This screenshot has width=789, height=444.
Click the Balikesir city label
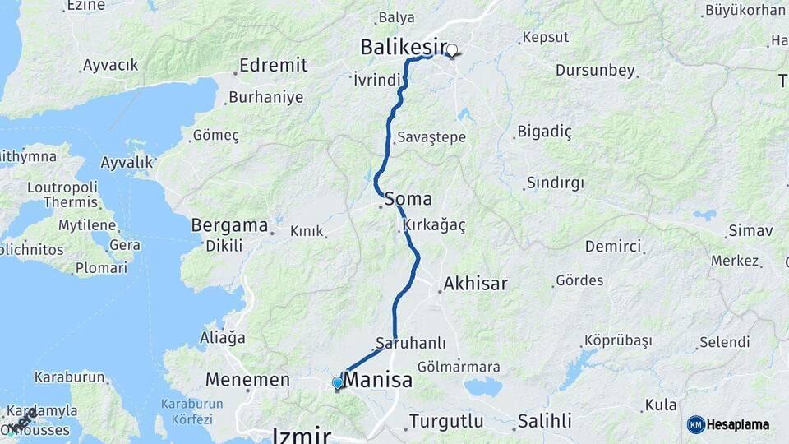(403, 48)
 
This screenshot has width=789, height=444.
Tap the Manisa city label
(377, 382)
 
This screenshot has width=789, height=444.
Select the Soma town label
(408, 198)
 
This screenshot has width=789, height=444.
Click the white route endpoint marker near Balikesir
(451, 51)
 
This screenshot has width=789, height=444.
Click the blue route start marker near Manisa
(337, 382)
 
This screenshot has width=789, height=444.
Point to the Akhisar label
(475, 284)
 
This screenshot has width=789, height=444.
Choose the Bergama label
(229, 224)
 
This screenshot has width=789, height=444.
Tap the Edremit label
(273, 65)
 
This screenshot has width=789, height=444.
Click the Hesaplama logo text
(737, 424)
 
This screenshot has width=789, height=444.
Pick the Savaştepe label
(431, 137)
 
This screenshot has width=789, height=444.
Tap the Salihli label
(544, 422)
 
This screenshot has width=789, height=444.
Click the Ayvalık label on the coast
(127, 163)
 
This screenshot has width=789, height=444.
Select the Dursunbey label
(595, 71)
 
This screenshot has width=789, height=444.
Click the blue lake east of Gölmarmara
(482, 386)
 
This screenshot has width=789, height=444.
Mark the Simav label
(750, 231)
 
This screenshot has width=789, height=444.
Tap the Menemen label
(247, 381)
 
